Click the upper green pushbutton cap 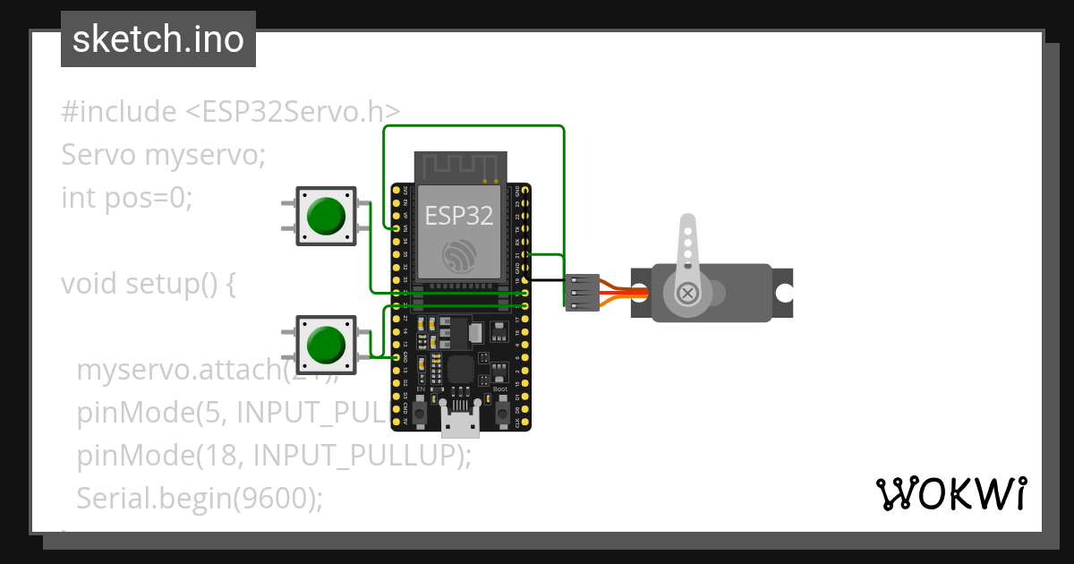(326, 215)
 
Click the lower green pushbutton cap (326, 344)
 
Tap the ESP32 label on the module (458, 215)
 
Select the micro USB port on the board (460, 420)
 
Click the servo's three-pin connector (582, 293)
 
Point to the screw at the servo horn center (687, 293)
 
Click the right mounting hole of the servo (784, 293)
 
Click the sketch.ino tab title (158, 39)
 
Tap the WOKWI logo (950, 493)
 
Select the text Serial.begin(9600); (199, 499)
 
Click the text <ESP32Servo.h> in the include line (293, 112)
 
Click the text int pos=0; (127, 197)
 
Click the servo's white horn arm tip (687, 224)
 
